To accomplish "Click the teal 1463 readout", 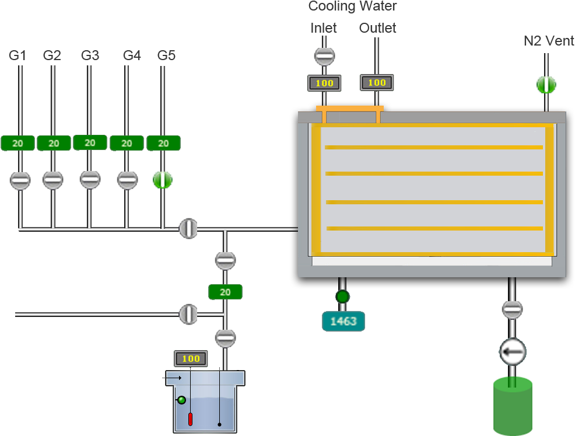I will pos(343,321).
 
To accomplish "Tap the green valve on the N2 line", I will pos(546,85).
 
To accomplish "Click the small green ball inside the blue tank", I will pos(181,400).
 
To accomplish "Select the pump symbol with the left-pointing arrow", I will pos(512,352).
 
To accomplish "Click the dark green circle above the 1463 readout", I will pos(342,297).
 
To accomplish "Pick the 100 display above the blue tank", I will pos(190,358).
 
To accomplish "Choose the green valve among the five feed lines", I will pos(163,180).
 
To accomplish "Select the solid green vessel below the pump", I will pos(513,407).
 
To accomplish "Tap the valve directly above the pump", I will pos(512,310).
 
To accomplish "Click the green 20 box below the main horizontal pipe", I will pos(225,292).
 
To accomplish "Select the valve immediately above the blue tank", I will pos(225,338).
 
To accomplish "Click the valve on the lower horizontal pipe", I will pos(188,314).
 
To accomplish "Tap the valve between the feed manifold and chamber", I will pos(188,228).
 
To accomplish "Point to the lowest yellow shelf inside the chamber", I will pos(434,228).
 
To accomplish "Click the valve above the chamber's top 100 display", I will pos(324,57).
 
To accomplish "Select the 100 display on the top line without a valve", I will pos(377,83).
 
